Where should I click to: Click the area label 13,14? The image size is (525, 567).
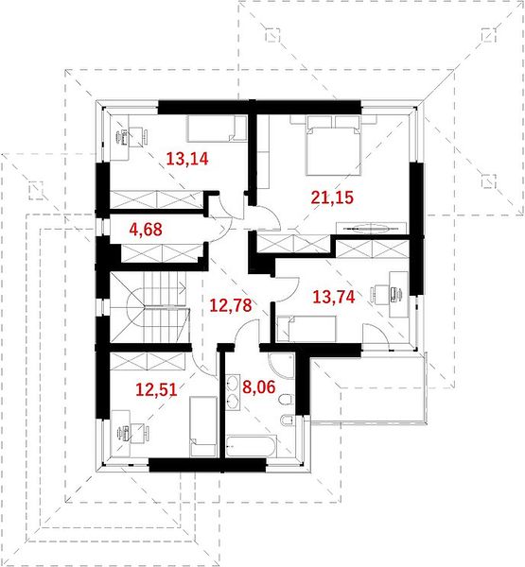pos(187,159)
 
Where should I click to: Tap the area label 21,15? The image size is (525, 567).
pos(332,198)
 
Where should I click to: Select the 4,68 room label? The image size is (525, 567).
pos(146,230)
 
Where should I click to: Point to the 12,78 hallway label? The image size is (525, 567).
pos(231,305)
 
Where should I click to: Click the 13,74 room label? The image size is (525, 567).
pos(334,297)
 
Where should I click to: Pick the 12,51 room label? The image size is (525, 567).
pos(156,389)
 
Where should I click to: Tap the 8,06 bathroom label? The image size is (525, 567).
pos(259,387)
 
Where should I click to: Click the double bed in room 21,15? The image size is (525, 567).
pos(334,146)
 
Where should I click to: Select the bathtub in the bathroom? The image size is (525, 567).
pos(252,446)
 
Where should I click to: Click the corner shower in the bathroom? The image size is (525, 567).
pos(281,365)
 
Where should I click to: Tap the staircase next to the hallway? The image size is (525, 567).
pos(150,306)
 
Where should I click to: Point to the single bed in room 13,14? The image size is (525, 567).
pos(217,129)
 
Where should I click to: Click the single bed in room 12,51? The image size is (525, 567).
pos(203,426)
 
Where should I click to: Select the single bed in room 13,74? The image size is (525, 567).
pos(306,328)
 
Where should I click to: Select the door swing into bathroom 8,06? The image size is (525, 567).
pos(243,332)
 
